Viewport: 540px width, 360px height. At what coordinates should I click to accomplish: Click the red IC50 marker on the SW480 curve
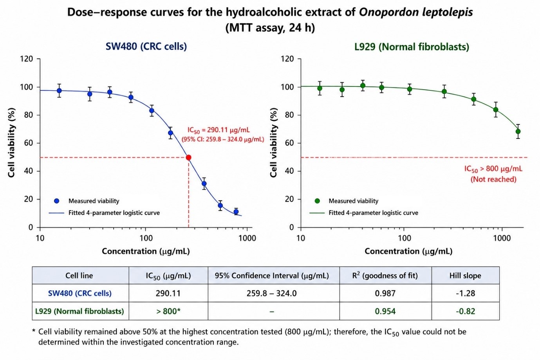tap(188, 158)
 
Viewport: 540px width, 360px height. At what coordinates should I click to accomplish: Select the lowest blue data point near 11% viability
tap(236, 212)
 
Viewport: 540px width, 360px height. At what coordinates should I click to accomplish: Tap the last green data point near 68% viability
tap(518, 131)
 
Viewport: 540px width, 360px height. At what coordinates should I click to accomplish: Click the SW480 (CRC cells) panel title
tap(146, 46)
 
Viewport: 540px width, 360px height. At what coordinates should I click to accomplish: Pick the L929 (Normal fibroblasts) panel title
tap(412, 47)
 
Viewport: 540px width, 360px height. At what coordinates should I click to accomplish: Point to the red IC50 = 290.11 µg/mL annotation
tap(219, 130)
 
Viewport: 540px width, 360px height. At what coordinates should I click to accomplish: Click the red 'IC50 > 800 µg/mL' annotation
tap(493, 169)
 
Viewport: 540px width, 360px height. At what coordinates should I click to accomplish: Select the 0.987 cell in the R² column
tap(385, 293)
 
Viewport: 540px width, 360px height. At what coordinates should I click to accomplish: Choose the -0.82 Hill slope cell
tap(465, 311)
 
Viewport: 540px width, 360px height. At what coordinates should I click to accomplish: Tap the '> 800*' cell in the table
tap(168, 311)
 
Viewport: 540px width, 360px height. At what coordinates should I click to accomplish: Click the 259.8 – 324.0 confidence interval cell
tap(271, 293)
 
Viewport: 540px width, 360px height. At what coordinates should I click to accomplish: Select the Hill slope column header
tap(465, 275)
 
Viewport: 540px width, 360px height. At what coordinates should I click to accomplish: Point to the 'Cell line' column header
tap(79, 275)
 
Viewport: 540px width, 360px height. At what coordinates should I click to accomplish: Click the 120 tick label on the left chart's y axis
tap(26, 59)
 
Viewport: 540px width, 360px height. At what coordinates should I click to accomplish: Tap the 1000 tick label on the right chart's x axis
tap(502, 238)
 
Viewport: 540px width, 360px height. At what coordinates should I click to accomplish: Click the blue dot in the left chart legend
tap(57, 201)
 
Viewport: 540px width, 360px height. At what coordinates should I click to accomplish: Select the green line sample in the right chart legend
tap(317, 213)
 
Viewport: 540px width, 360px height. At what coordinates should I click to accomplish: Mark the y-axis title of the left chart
tap(11, 143)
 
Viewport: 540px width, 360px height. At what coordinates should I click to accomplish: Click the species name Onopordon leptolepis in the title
tap(416, 12)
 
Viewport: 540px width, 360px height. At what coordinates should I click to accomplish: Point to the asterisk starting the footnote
tap(34, 331)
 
